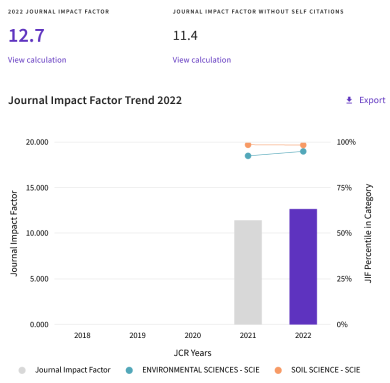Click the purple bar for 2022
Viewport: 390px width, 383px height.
[303, 266]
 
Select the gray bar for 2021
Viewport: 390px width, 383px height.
[248, 272]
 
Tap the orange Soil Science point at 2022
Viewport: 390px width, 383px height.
[303, 145]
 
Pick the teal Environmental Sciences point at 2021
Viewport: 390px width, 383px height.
[248, 156]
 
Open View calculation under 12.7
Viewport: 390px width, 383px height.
[37, 60]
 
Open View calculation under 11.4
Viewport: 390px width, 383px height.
[202, 60]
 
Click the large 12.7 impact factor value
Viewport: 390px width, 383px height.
[26, 35]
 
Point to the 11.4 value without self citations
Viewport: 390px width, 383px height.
[185, 35]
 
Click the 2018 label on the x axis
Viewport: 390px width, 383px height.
[82, 336]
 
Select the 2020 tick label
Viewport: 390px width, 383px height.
[193, 336]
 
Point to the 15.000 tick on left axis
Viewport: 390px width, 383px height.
[35, 188]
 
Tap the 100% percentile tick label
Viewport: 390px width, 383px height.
[346, 142]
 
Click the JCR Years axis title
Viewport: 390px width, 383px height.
[193, 353]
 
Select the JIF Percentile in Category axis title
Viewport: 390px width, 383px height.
[369, 233]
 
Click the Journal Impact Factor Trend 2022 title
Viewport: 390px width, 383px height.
[95, 100]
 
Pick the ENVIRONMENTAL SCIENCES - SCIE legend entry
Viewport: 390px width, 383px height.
[201, 370]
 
